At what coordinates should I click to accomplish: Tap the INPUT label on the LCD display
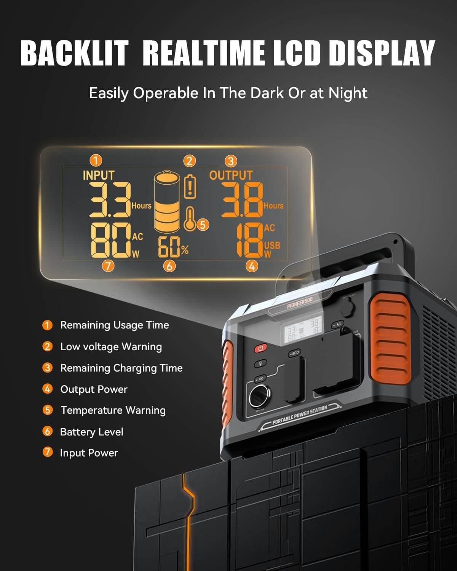pos(98,175)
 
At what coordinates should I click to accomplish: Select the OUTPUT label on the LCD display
pos(231,175)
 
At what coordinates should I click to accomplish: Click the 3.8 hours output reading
pos(242,200)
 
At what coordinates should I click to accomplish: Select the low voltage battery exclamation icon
pos(190,187)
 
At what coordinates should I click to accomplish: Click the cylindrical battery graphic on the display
pos(167,202)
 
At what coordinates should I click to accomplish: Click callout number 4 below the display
pos(251,266)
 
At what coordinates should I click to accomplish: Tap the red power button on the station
pos(261,348)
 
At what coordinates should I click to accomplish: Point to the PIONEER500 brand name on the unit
pos(300,303)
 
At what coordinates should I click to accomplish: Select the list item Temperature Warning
pos(113,410)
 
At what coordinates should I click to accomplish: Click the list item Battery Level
pos(91,432)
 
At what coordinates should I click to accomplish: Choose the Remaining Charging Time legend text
pos(121,368)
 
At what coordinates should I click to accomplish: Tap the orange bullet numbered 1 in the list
pos(47,325)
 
